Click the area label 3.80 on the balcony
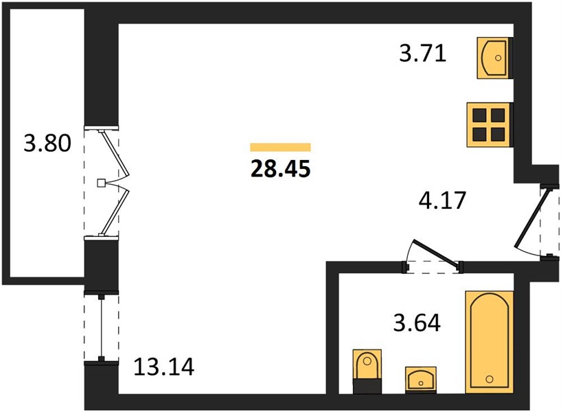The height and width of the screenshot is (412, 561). pos(47,143)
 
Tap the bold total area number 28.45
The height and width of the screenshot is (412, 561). pos(280,169)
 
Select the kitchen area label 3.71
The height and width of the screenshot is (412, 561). pos(422,54)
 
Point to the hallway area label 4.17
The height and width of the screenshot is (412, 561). pos(442,201)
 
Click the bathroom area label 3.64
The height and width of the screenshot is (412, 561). pos(417,323)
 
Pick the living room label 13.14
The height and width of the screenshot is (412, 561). pos(164,367)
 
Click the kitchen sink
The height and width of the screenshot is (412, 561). pos(493,58)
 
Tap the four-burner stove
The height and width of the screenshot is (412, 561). pos(488,124)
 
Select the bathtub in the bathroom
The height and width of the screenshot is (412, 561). pos(489,342)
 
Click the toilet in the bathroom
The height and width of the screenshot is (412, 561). pos(367,371)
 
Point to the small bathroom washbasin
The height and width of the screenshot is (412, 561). pos(421,380)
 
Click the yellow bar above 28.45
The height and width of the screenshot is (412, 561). pos(280,147)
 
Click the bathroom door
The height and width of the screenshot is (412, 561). pos(435,255)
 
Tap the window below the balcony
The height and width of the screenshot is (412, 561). pos(101,328)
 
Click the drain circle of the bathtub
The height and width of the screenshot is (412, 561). pos(490,379)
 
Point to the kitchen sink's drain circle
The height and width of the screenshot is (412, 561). pos(498,58)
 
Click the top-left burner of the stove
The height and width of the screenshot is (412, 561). pos(479,115)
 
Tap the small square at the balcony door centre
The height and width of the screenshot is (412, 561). pos(101,183)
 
